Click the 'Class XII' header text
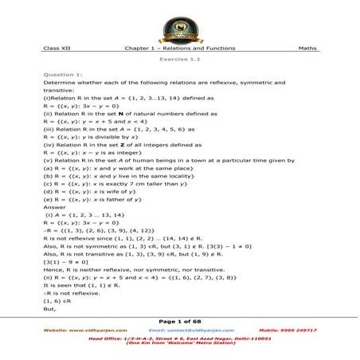57,48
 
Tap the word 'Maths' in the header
307,48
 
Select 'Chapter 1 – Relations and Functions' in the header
180,48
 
